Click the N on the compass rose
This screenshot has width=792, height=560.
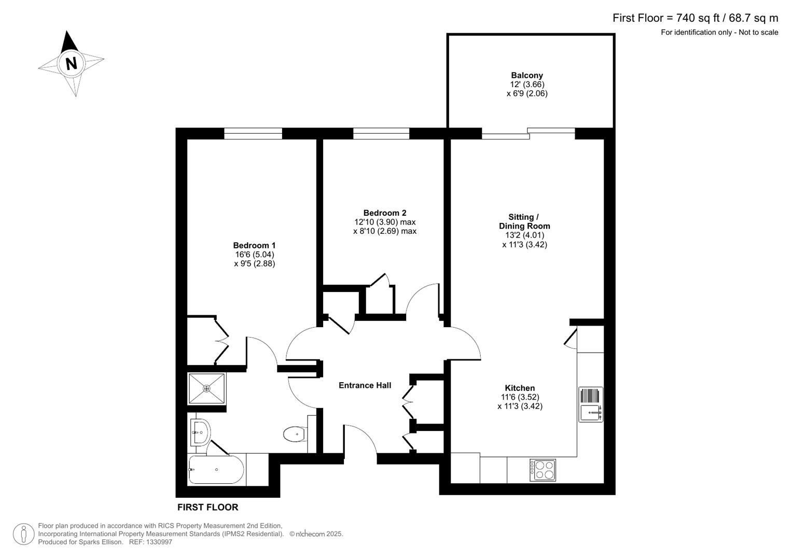point(71,63)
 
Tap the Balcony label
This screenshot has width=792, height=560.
point(526,75)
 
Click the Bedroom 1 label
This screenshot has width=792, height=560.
point(254,245)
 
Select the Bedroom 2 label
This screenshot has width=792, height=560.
point(384,213)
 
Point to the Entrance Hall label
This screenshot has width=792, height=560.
point(365,385)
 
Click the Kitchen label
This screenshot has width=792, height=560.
point(520,388)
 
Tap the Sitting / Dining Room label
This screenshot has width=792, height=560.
point(524,221)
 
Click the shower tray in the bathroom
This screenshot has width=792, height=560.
point(206,388)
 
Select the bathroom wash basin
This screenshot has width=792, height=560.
point(200,431)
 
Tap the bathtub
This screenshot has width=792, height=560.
point(215,470)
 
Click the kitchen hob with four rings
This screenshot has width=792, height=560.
point(543,470)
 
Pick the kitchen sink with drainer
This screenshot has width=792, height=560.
point(591,404)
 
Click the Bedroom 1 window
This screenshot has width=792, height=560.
point(253,134)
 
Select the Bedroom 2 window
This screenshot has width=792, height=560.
point(381,134)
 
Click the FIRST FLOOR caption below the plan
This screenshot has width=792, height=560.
point(207,507)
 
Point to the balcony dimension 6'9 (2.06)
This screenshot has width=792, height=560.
point(527,94)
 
